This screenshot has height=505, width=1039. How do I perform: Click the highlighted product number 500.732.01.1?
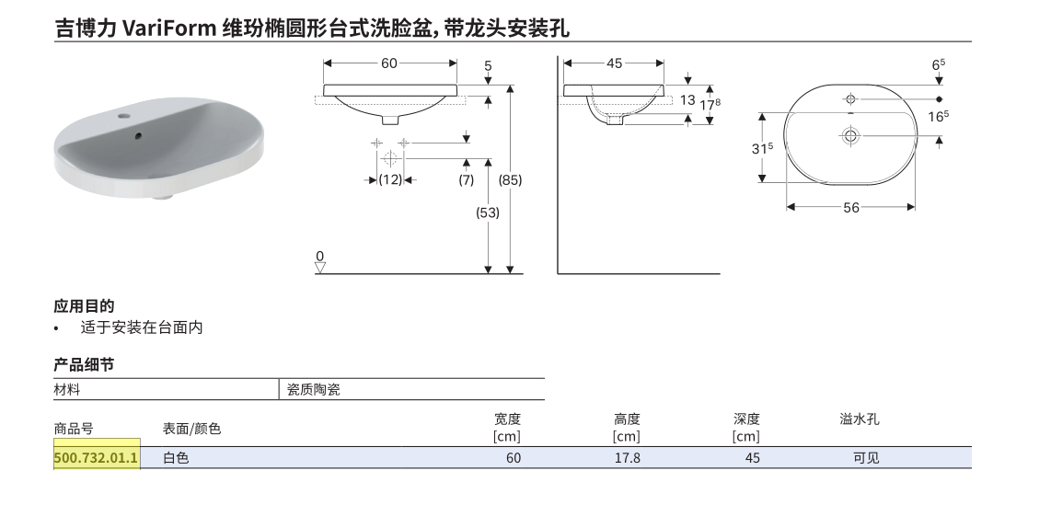pyautogui.click(x=96, y=457)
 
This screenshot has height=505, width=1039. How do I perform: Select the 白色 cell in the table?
pyautogui.click(x=176, y=457)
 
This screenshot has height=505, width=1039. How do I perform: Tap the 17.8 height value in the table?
pyautogui.click(x=627, y=457)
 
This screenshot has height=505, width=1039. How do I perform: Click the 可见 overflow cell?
pyautogui.click(x=866, y=457)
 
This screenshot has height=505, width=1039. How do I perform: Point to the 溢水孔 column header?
pyautogui.click(x=859, y=419)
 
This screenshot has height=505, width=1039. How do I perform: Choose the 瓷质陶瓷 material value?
pyautogui.click(x=314, y=390)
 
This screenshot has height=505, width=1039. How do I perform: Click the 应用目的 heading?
pyautogui.click(x=84, y=306)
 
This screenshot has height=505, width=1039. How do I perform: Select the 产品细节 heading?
pyautogui.click(x=84, y=364)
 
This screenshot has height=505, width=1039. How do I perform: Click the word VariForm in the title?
pyautogui.click(x=169, y=28)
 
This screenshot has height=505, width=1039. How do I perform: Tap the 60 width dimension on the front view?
pyautogui.click(x=389, y=63)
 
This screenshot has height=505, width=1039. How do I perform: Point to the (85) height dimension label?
pyautogui.click(x=510, y=179)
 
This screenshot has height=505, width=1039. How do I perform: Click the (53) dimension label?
pyautogui.click(x=488, y=212)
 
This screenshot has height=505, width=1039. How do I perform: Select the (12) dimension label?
pyautogui.click(x=390, y=179)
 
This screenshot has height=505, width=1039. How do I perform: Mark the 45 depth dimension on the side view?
pyautogui.click(x=614, y=63)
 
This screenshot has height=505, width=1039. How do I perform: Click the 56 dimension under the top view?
pyautogui.click(x=851, y=208)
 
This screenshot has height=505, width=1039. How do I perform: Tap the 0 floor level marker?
pyautogui.click(x=320, y=256)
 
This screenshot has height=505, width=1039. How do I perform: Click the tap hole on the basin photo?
pyautogui.click(x=123, y=116)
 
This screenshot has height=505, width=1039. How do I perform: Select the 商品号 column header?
pyautogui.click(x=74, y=429)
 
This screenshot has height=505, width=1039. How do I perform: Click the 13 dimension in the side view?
pyautogui.click(x=687, y=100)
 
